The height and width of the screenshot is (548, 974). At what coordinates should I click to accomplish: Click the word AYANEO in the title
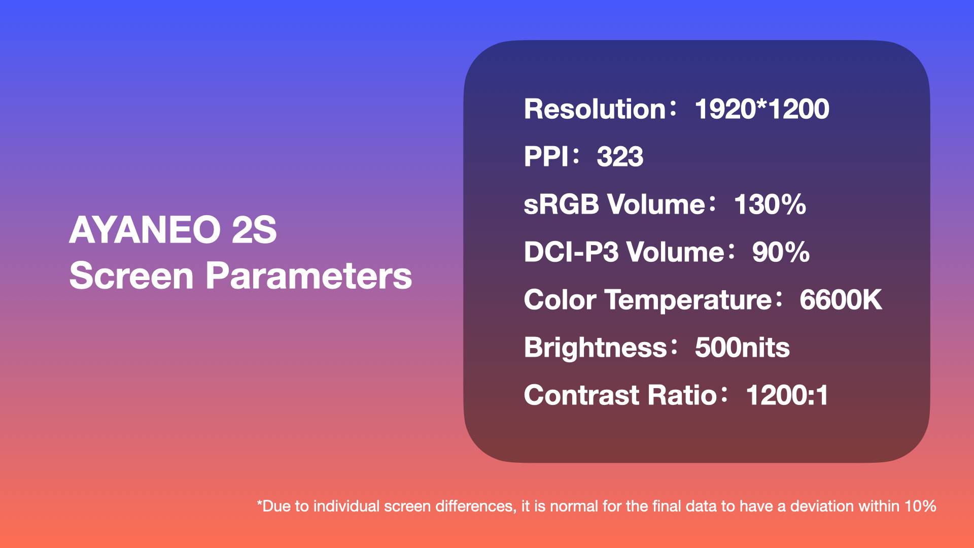pos(145,230)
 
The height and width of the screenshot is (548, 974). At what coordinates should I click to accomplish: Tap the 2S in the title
pos(254,230)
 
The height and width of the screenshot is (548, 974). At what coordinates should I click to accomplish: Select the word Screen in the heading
pos(131,276)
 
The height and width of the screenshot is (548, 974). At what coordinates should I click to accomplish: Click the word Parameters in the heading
pos(308,276)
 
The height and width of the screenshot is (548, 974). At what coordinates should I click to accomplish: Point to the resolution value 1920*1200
pos(762,109)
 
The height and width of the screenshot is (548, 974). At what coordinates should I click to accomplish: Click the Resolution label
pos(595,109)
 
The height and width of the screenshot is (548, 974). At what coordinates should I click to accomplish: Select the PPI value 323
pos(620,157)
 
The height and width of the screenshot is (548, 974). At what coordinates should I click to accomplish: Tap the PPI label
pos(546,157)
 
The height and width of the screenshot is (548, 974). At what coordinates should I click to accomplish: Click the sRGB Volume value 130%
pos(770,204)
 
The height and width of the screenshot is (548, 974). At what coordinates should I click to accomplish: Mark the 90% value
pos(781,252)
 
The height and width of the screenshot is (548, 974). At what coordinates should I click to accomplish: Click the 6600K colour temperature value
pos(841,300)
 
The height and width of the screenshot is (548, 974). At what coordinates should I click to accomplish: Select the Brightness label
pos(595,348)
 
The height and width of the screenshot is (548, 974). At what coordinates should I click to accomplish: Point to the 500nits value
pos(742,348)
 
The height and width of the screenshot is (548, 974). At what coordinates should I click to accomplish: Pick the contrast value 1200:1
pos(787,395)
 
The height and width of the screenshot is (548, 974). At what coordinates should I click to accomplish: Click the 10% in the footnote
pos(920,506)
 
